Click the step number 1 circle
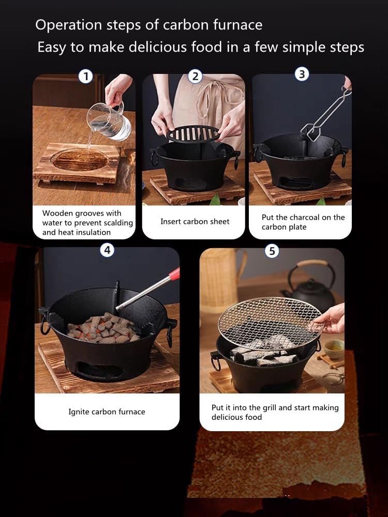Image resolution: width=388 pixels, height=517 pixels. (x=85, y=77)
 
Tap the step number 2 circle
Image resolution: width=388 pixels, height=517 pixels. (x=195, y=77)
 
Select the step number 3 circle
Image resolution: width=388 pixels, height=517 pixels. (x=302, y=74)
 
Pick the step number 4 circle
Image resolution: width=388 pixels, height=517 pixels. (x=107, y=250)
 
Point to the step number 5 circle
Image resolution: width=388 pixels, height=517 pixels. (x=272, y=251)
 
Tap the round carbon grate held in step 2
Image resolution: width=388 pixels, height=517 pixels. (x=193, y=133)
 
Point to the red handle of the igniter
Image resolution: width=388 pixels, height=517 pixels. (x=174, y=273)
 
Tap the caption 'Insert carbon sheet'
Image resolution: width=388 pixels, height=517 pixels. (x=195, y=221)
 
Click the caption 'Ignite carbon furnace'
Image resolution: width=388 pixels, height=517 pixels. (x=107, y=412)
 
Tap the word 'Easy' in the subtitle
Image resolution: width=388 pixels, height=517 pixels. (x=52, y=48)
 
